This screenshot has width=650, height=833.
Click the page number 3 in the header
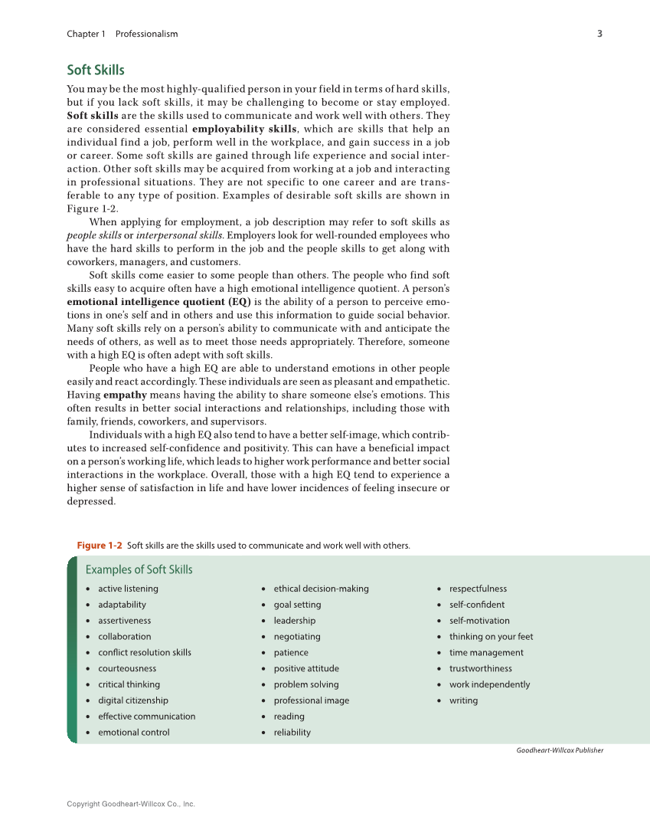tap(599, 34)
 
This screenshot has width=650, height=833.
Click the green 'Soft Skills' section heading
tap(96, 71)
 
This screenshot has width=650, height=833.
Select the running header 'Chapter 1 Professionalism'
tap(122, 34)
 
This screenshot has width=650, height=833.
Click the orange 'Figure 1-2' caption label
tap(100, 546)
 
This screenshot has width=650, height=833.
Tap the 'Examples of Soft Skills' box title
tap(139, 570)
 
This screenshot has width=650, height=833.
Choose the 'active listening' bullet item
tap(128, 589)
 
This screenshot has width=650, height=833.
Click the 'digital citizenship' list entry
tap(132, 700)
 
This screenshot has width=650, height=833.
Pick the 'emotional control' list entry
tap(133, 733)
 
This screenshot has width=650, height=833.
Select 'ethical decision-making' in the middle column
tap(321, 589)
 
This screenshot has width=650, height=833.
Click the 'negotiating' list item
tap(297, 637)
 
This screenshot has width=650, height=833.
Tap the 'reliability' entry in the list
tap(292, 733)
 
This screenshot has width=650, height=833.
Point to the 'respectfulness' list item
tap(478, 589)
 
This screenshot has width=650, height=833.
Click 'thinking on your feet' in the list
tap(491, 637)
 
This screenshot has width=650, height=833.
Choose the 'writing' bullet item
tap(463, 700)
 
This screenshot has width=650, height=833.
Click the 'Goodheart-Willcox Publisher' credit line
tap(560, 750)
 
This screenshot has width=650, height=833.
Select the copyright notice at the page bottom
tap(131, 804)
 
